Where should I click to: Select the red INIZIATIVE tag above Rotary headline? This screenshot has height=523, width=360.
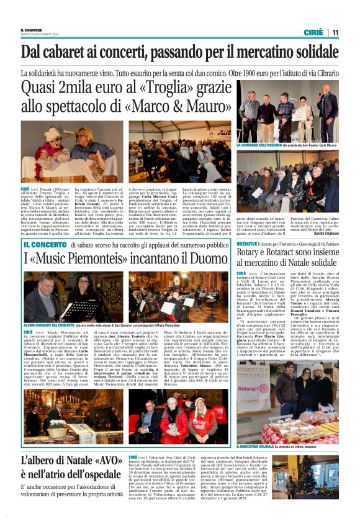point(248,245)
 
